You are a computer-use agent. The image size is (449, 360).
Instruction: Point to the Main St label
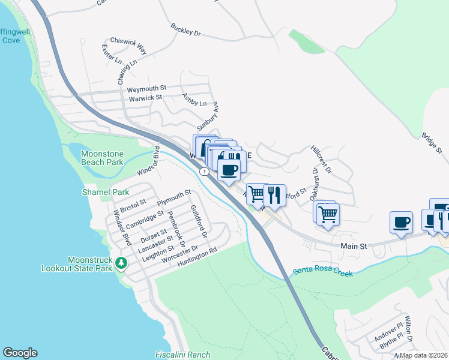coord(353,246)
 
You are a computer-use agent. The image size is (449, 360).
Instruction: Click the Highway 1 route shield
coord(205,172)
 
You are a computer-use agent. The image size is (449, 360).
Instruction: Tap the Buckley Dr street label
coord(185,30)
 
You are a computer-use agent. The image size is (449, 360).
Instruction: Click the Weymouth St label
coord(146,89)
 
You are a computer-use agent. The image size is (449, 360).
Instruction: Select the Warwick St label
coord(146,97)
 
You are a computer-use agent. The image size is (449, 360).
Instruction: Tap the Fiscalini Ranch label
coord(182,355)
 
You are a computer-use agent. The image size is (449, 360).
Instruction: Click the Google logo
coord(20,353)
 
